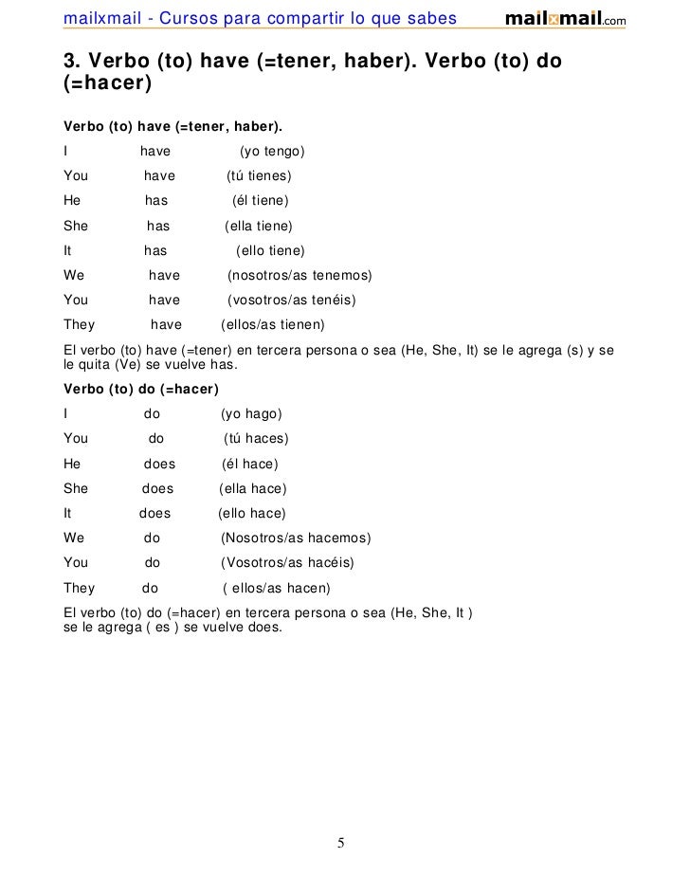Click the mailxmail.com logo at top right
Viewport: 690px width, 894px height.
pyautogui.click(x=565, y=19)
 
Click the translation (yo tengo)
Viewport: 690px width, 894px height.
pyautogui.click(x=271, y=152)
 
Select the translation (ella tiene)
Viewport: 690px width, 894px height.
pyautogui.click(x=258, y=227)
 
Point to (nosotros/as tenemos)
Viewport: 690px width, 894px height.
pyautogui.click(x=300, y=276)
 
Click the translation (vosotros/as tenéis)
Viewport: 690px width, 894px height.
pyautogui.click(x=292, y=301)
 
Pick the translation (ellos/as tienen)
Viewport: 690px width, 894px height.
pyautogui.click(x=272, y=325)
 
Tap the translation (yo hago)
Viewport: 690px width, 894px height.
pyautogui.click(x=251, y=414)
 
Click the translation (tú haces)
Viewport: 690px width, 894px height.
pyautogui.click(x=256, y=439)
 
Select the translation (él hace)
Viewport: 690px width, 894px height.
pyautogui.click(x=249, y=465)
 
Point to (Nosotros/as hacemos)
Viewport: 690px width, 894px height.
pyautogui.click(x=296, y=538)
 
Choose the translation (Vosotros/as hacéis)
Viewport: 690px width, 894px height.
pyautogui.click(x=287, y=563)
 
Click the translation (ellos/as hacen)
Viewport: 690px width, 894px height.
pyautogui.click(x=277, y=588)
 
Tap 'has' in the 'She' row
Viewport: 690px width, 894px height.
pyautogui.click(x=158, y=227)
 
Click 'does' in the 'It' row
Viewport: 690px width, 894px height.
pyautogui.click(x=155, y=514)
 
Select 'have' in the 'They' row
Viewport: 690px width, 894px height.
pyautogui.click(x=167, y=325)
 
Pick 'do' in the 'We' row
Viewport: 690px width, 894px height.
pyautogui.click(x=153, y=538)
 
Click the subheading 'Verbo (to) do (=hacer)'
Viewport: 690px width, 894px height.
pyautogui.click(x=141, y=390)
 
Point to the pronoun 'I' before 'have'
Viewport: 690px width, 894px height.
pyautogui.click(x=65, y=152)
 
